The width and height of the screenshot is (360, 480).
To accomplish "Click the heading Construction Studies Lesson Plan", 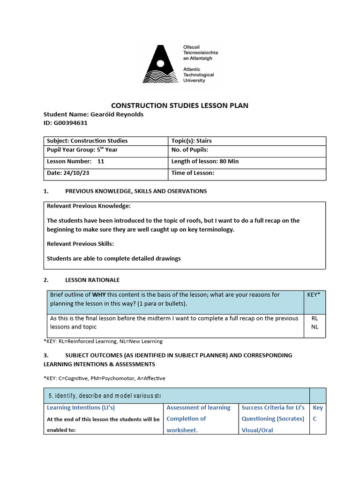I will click(x=180, y=105).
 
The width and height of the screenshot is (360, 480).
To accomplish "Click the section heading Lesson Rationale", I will click(x=92, y=280).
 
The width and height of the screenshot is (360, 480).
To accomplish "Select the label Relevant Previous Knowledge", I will click(x=89, y=206).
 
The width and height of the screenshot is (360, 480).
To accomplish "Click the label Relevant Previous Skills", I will click(x=81, y=243).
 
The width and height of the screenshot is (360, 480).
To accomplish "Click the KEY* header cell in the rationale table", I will click(x=314, y=295).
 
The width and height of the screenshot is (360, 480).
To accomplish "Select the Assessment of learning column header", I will click(x=198, y=408).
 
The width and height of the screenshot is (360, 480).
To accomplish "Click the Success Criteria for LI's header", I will click(x=273, y=408).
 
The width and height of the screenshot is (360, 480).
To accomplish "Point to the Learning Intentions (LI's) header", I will click(x=81, y=408).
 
